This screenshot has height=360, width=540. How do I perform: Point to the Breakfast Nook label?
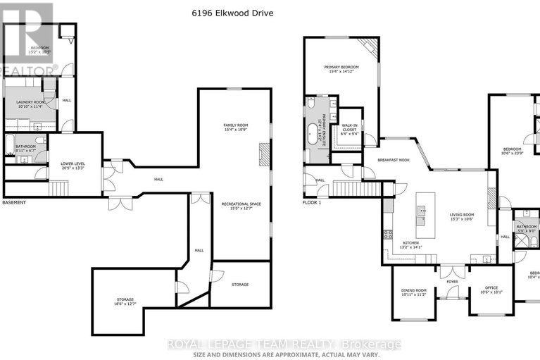(x=392, y=160)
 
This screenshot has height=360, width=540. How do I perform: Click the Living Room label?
(x=463, y=217)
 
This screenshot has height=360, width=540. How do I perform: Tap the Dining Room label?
(x=413, y=292)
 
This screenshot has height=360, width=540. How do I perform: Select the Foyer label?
(x=451, y=283)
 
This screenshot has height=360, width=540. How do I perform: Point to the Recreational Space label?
(x=241, y=206)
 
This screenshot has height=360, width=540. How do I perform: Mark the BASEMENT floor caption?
(x=14, y=202)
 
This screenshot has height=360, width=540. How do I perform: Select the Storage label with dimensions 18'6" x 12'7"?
(x=125, y=302)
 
